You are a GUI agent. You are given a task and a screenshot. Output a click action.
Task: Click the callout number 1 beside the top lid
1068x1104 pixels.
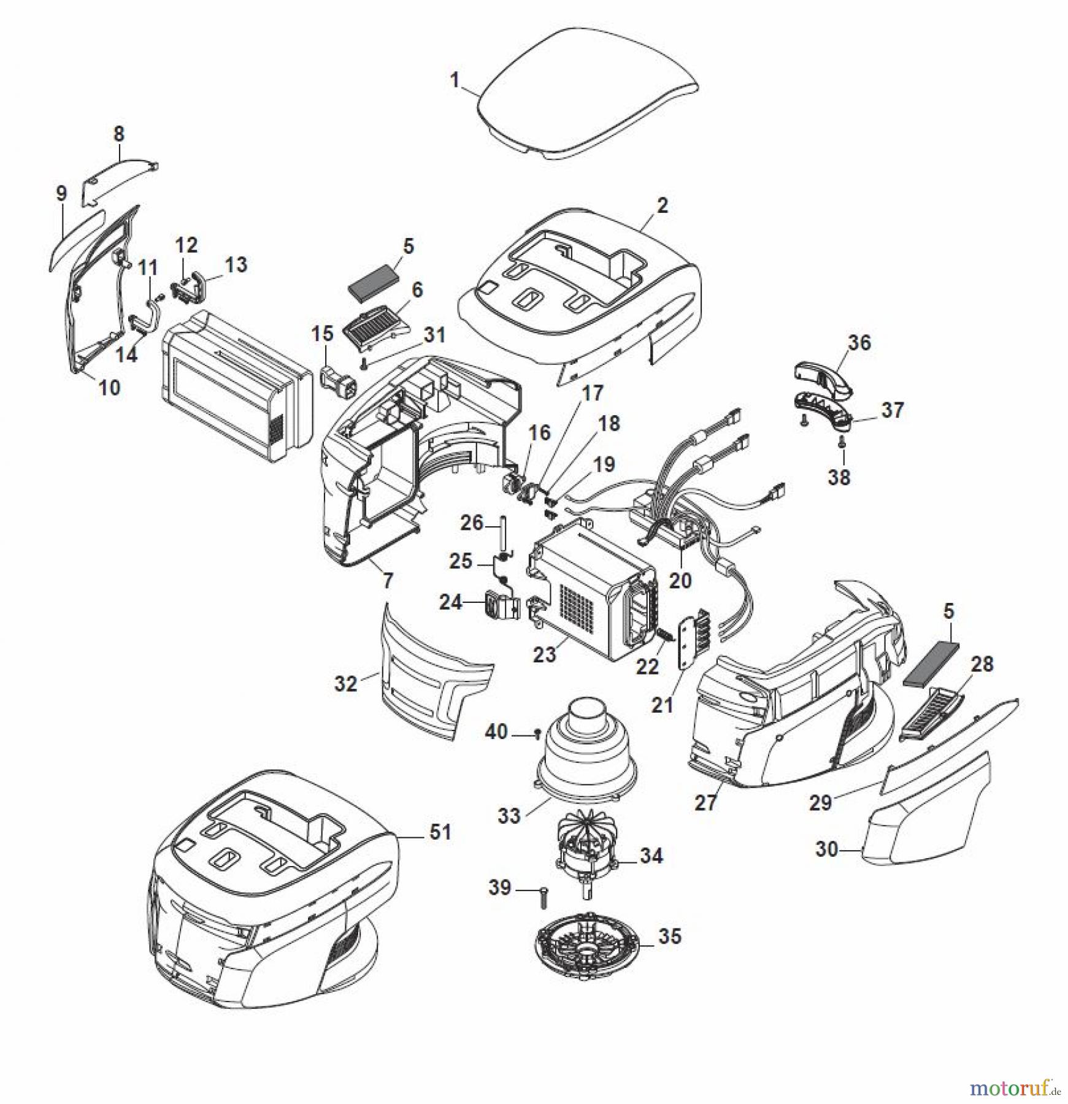click(x=455, y=80)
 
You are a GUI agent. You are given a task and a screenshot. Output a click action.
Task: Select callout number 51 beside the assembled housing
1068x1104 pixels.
click(x=440, y=832)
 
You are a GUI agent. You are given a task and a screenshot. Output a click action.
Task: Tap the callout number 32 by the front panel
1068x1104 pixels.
click(x=345, y=683)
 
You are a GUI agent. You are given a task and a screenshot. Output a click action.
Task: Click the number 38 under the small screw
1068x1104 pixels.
click(x=839, y=477)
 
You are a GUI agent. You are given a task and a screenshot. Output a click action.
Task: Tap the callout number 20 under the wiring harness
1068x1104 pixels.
click(x=680, y=580)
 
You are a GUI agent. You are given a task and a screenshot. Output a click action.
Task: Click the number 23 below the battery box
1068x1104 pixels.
click(x=544, y=654)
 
